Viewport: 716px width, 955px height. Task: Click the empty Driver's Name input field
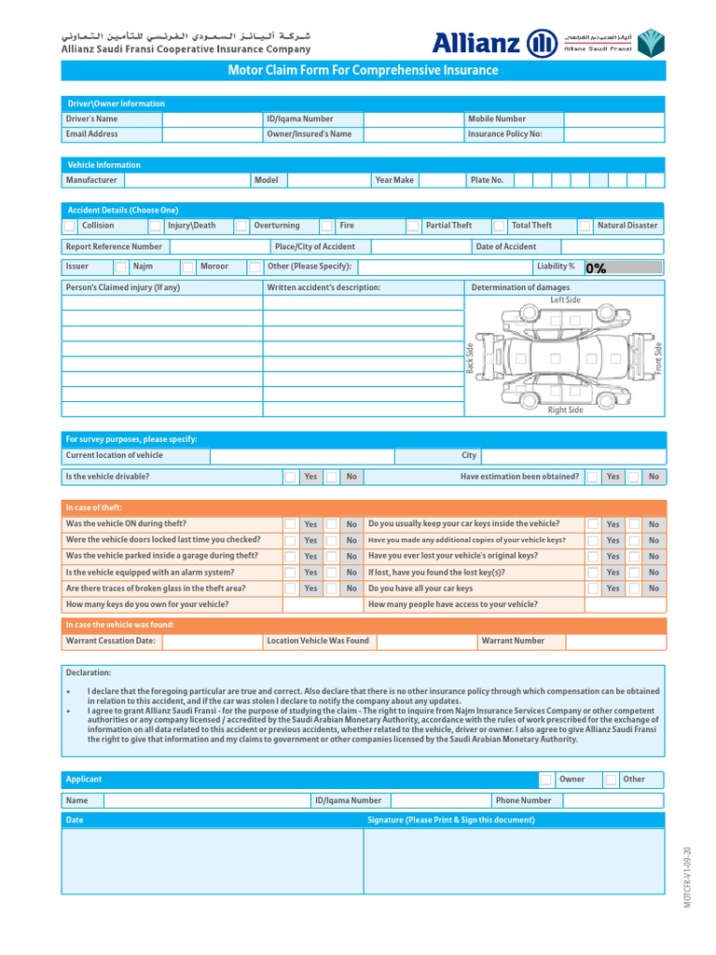tap(213, 119)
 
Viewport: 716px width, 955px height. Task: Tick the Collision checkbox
tap(70, 226)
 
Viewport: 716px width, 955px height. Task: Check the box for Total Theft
tap(499, 226)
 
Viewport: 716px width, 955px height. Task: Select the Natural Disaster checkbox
tap(585, 226)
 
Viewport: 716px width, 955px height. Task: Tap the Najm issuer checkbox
tap(121, 267)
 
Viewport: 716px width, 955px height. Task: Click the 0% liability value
tap(597, 269)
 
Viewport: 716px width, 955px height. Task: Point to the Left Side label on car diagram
tap(565, 300)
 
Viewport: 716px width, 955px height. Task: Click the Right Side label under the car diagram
tap(565, 410)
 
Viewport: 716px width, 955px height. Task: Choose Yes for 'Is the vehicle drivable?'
tap(291, 477)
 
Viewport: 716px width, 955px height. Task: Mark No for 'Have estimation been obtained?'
tap(634, 477)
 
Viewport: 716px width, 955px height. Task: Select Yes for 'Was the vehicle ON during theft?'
tap(291, 524)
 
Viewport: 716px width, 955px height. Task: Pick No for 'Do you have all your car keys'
tap(634, 588)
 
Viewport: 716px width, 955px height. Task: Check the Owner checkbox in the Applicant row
tap(545, 780)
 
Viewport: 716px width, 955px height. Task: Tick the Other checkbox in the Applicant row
tap(610, 780)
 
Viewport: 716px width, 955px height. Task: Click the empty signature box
tap(514, 861)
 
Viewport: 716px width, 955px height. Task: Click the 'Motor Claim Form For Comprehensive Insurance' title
tap(364, 71)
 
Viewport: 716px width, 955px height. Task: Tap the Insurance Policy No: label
tap(504, 134)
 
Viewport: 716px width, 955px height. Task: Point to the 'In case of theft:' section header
tap(95, 507)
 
